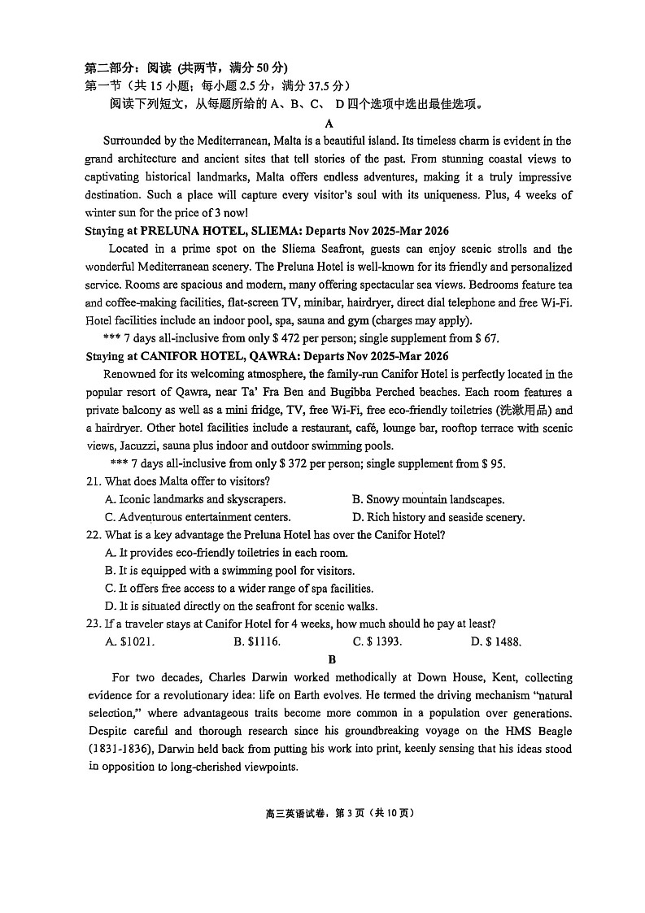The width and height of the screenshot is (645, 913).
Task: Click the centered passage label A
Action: pos(329,124)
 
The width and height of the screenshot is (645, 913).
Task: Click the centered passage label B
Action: pos(332,660)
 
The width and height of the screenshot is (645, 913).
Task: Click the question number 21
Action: pos(93,481)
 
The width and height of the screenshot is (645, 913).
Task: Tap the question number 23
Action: pos(93,624)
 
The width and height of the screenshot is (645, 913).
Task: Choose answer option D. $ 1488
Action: pos(496,641)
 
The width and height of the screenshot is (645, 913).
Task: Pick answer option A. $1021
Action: pos(130,641)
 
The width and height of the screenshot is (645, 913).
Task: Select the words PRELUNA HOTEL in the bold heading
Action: pos(186,231)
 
